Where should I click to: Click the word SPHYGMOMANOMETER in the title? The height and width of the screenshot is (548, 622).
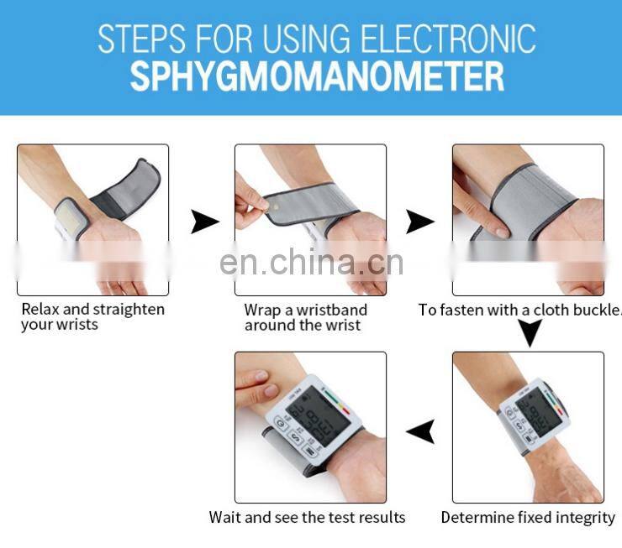click(317, 76)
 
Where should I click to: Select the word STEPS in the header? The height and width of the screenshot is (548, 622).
click(141, 39)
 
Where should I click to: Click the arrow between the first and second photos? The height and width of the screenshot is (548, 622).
click(205, 222)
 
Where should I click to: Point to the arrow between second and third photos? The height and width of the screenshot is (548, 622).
click(420, 222)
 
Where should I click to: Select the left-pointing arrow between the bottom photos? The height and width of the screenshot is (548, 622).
click(420, 431)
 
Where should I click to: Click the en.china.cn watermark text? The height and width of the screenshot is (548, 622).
click(311, 262)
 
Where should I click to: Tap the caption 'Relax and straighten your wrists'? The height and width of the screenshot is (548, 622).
click(92, 316)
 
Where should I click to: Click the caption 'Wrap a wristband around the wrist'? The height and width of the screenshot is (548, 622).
click(305, 317)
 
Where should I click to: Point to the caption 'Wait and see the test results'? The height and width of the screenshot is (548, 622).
click(307, 517)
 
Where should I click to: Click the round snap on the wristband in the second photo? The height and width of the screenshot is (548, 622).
click(272, 205)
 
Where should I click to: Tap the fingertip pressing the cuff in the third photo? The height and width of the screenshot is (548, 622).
click(502, 232)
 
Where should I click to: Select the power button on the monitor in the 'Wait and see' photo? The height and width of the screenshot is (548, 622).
click(281, 424)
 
